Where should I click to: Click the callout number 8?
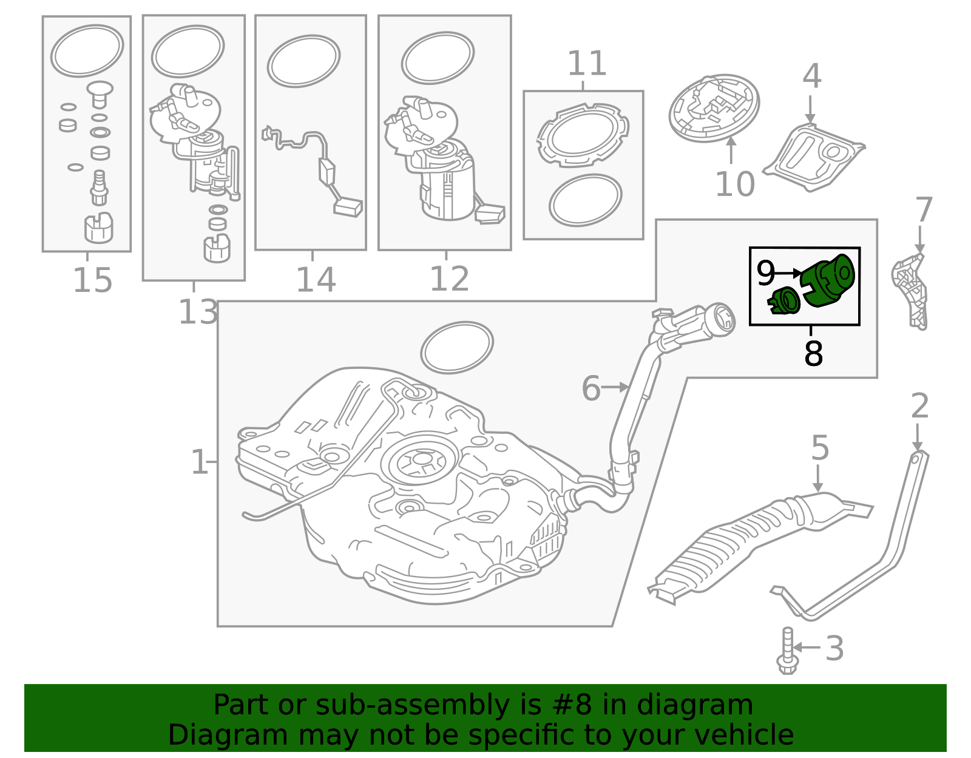(813, 354)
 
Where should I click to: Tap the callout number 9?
(765, 274)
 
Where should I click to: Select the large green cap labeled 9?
(828, 280)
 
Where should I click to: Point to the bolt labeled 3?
(787, 652)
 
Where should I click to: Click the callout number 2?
(919, 406)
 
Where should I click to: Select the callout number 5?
(820, 448)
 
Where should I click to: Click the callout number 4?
(811, 77)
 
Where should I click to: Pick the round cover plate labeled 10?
(714, 108)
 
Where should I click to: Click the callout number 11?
(587, 64)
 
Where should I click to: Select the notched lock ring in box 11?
(583, 135)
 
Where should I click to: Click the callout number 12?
(449, 279)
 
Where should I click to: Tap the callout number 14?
(316, 280)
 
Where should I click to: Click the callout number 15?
(92, 280)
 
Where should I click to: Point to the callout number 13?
(197, 313)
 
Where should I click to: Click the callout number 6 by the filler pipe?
(590, 388)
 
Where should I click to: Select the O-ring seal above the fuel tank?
(456, 347)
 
